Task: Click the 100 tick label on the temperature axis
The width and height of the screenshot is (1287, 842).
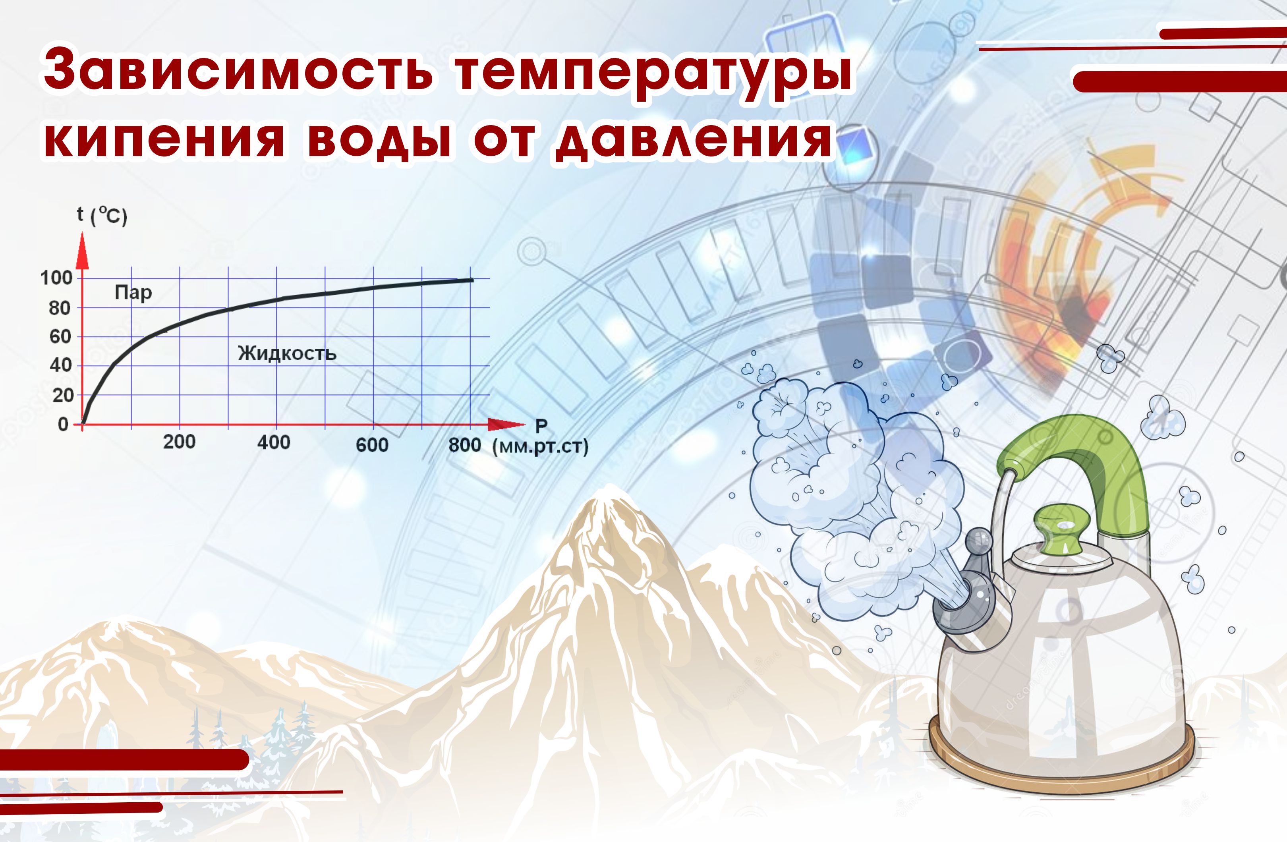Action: [x=56, y=278]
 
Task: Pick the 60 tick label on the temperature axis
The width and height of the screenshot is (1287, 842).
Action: [x=60, y=337]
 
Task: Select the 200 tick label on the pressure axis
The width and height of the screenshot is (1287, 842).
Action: [x=179, y=442]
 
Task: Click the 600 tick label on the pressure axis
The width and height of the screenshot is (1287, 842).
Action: [x=372, y=445]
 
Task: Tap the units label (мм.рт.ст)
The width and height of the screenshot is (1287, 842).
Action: [x=540, y=447]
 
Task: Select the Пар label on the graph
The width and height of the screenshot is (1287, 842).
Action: [x=133, y=293]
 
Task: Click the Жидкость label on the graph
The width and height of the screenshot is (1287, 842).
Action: [x=287, y=353]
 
